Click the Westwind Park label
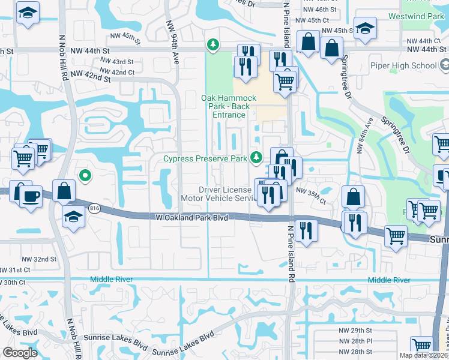(x=418, y=16)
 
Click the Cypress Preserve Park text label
(x=206, y=159)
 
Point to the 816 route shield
(x=93, y=207)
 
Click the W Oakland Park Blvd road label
(x=191, y=218)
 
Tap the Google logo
(x=20, y=353)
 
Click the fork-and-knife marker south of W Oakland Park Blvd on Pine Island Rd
(x=307, y=230)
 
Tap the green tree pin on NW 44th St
(x=212, y=44)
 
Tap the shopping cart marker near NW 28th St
(x=422, y=346)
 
